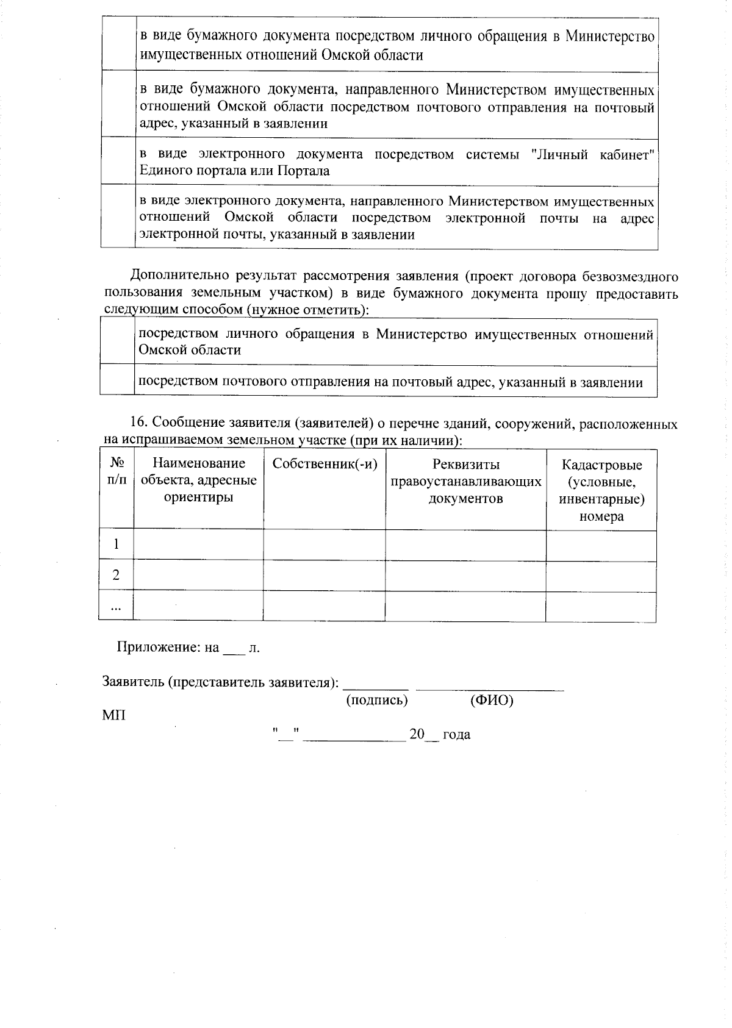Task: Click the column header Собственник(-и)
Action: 325,464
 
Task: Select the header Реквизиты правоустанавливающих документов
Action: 465,482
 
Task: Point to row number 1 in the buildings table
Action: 116,544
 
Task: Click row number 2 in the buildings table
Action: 116,575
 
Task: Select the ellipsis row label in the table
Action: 116,606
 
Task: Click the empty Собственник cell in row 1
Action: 324,544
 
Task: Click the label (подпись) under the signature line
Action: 376,700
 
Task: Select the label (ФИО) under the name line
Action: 492,700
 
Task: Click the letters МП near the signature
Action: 114,715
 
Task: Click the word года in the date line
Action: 456,735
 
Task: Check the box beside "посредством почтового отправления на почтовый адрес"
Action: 117,382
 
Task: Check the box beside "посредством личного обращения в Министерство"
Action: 117,341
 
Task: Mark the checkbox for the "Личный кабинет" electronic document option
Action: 118,162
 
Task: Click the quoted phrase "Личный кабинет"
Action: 593,154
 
